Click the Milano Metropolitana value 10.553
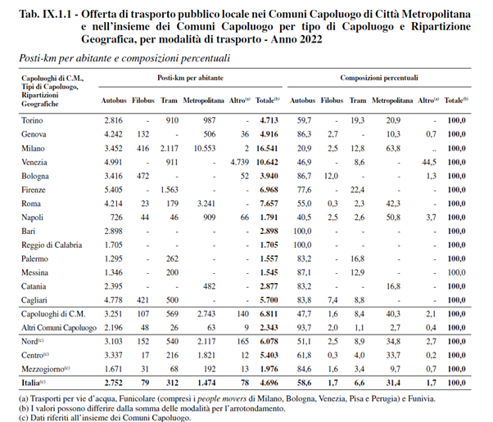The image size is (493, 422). [205, 148]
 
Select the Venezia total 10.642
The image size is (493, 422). [267, 162]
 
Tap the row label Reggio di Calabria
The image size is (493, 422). [52, 245]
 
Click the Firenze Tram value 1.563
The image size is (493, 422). [170, 190]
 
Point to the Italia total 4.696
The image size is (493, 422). [269, 383]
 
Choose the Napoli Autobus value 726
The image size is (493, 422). [116, 218]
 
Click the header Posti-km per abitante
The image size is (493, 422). [191, 78]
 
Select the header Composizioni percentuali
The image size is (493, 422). [379, 78]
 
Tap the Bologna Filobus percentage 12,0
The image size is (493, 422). [331, 176]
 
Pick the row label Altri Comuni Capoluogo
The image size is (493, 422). [59, 328]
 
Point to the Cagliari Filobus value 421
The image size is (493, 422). [142, 300]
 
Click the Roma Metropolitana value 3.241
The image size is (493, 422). [206, 204]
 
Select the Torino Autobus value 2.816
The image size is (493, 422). [114, 120]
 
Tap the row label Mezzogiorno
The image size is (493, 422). [45, 370]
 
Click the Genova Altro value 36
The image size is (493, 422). [245, 134]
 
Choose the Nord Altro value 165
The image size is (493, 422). [242, 341]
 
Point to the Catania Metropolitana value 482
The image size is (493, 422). [210, 286]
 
